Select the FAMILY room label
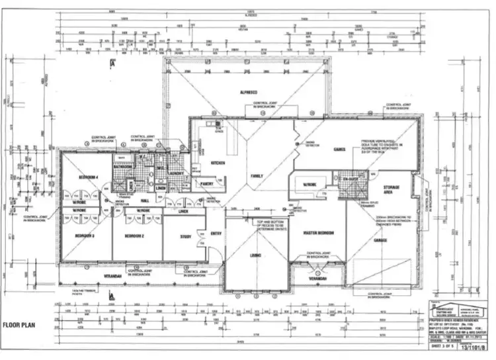(256, 176)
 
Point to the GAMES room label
(340, 150)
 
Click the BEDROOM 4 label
(89, 178)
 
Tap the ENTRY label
(216, 234)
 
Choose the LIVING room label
(256, 254)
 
